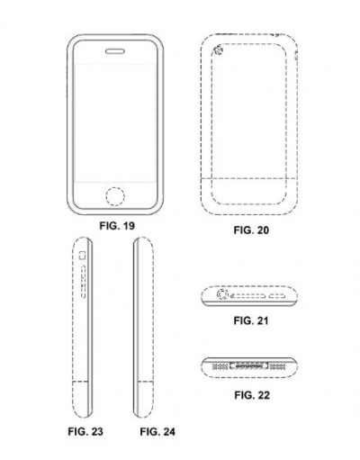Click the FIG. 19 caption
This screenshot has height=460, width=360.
point(117,226)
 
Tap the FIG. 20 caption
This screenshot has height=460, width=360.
point(251,230)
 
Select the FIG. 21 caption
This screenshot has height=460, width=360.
point(251,320)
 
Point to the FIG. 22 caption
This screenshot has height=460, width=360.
point(252,395)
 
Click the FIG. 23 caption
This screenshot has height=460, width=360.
point(85,431)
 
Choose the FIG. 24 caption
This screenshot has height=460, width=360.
point(157,432)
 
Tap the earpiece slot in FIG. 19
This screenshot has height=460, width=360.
point(115,51)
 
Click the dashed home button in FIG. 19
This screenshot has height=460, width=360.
point(115,197)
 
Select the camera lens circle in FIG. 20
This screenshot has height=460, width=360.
point(219,50)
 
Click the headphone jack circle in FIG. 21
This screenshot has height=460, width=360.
point(222,294)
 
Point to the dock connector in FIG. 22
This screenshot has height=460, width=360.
point(248,366)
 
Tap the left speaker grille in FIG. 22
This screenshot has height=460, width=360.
point(220,366)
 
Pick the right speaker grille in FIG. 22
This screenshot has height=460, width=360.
point(277,366)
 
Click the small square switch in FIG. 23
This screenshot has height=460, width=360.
point(82,256)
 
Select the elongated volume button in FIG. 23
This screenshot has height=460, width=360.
point(84,282)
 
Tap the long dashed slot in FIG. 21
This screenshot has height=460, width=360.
point(248,296)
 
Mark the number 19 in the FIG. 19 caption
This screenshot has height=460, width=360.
point(129,226)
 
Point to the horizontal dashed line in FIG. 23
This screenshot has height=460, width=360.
point(81,382)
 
